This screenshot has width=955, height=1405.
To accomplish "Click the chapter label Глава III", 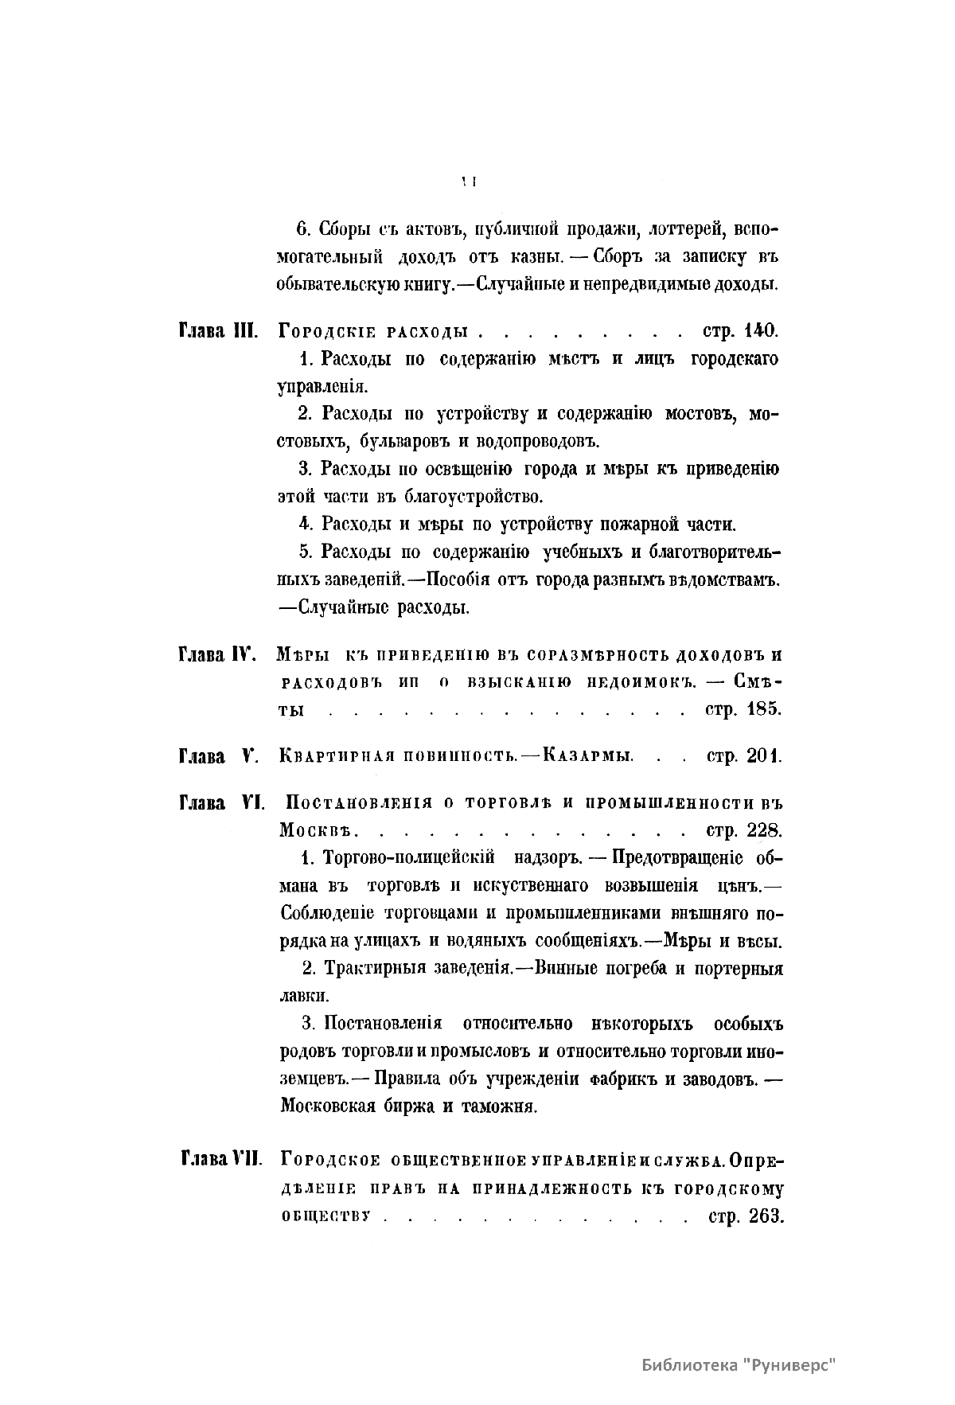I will (216, 330).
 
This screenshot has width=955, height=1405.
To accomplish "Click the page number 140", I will (762, 330).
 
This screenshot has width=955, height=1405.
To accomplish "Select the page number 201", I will (765, 755).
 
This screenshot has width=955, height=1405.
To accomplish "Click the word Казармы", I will (588, 755).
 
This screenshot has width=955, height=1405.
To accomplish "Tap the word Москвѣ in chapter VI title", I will (315, 831).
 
